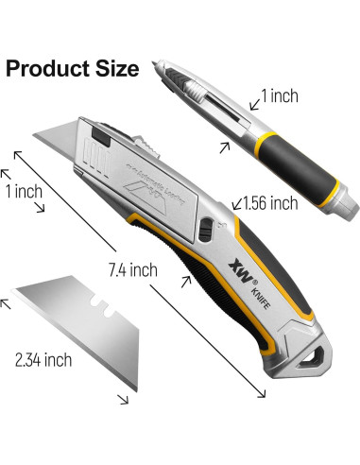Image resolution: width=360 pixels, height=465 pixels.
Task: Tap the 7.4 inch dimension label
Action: tap(131, 270)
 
